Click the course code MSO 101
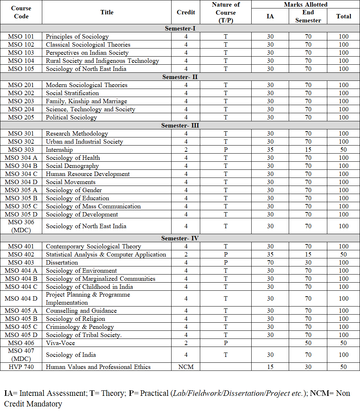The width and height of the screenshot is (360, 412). [x=21, y=36]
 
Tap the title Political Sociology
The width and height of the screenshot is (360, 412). [x=71, y=117]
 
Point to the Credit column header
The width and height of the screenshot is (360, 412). [x=186, y=12]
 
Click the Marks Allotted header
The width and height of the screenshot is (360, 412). [x=305, y=4]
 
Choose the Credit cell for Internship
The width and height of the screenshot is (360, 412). [x=186, y=150]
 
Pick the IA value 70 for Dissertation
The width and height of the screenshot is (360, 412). [x=270, y=262]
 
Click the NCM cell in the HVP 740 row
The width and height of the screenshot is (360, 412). [x=186, y=367]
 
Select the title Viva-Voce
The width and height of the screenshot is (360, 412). [x=60, y=343]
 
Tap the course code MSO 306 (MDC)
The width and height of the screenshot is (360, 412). [x=21, y=226]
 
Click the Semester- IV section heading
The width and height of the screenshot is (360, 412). [x=180, y=238]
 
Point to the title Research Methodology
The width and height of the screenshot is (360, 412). [x=77, y=133]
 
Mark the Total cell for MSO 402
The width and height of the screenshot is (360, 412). [x=343, y=254]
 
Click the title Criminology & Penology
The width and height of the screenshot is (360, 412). [x=80, y=327]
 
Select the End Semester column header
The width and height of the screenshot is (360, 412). [x=308, y=16]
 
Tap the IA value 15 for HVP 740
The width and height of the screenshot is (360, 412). [x=270, y=367]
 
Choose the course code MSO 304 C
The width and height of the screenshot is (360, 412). [x=21, y=174]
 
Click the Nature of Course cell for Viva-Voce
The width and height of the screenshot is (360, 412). [x=226, y=343]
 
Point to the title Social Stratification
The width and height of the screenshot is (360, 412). [x=72, y=93]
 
